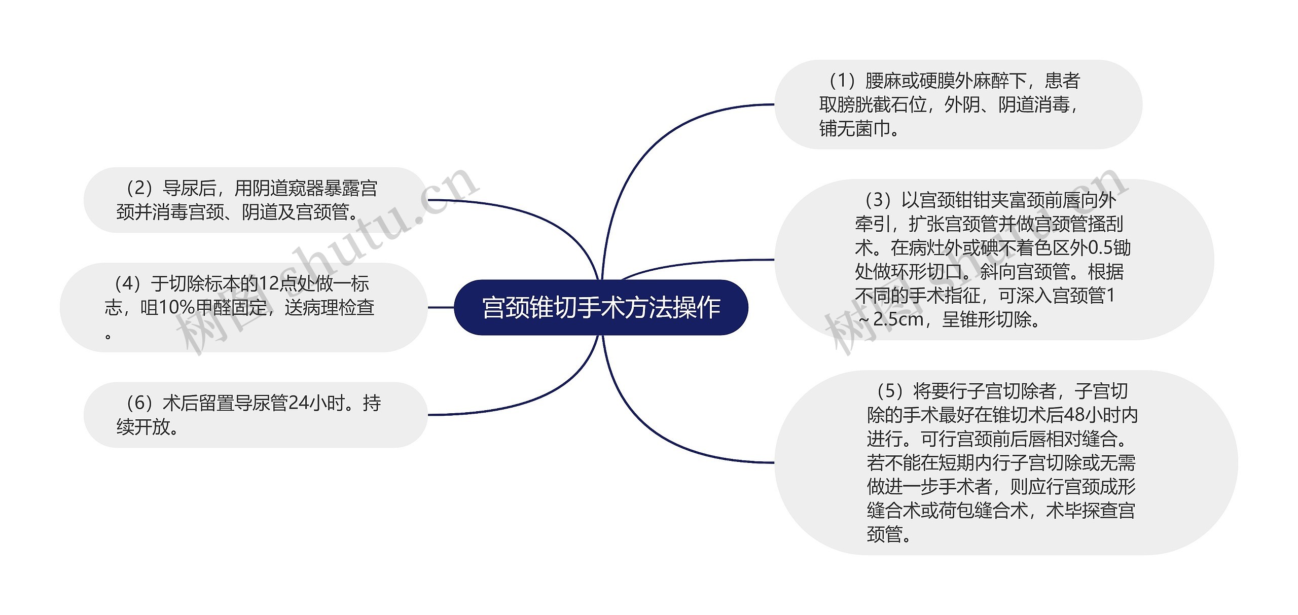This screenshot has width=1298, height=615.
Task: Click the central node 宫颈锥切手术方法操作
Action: click(x=601, y=307)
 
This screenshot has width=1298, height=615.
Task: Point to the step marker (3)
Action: click(x=878, y=200)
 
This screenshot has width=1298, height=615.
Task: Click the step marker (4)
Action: click(x=127, y=284)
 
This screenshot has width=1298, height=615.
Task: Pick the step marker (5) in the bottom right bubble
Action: click(x=890, y=391)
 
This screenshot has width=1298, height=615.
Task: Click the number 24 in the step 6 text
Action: click(x=299, y=404)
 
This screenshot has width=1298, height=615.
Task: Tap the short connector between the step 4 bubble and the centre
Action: click(x=441, y=307)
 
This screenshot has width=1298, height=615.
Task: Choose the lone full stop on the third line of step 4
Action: click(x=108, y=335)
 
